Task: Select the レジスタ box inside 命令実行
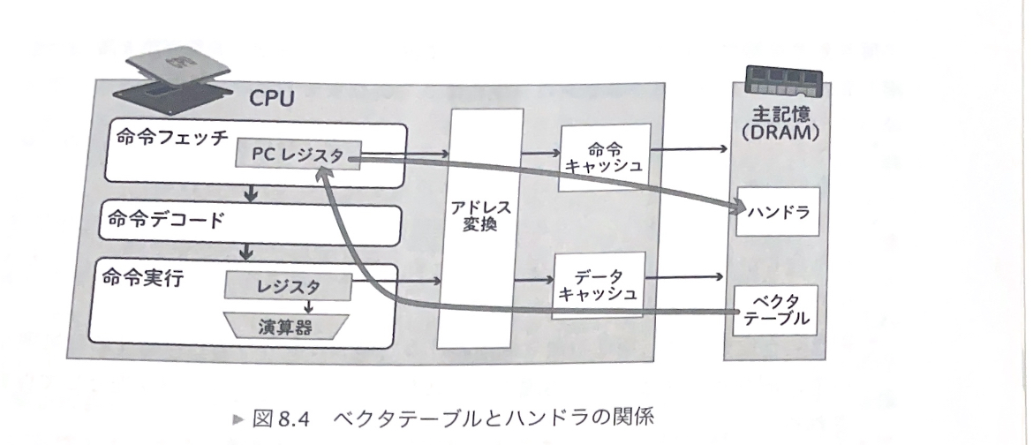pyautogui.click(x=289, y=285)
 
